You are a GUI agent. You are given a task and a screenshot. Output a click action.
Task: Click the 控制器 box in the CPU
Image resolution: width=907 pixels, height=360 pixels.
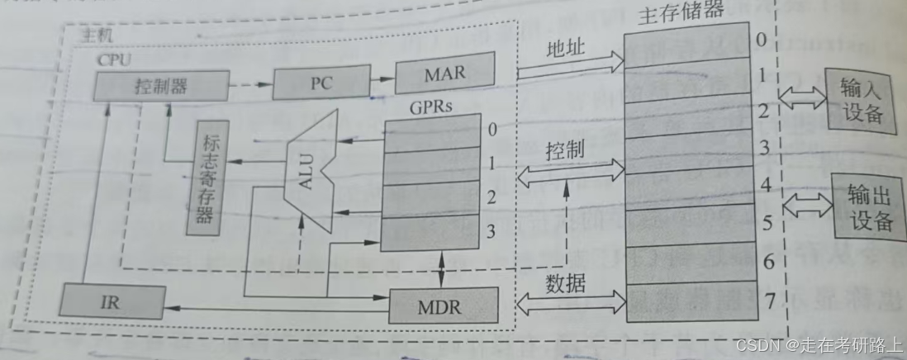[x=160, y=84]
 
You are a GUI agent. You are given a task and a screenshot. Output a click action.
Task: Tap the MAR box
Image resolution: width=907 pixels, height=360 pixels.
[x=445, y=73]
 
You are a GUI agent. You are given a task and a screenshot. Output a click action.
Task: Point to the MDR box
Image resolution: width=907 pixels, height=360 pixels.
[x=444, y=306]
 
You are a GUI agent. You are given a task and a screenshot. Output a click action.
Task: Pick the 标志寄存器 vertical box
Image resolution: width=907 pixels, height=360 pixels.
[x=206, y=178]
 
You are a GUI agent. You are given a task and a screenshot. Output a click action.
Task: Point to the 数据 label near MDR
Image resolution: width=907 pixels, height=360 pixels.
[x=566, y=285]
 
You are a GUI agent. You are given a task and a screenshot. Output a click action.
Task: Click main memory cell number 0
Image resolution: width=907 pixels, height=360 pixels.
[x=689, y=40]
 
